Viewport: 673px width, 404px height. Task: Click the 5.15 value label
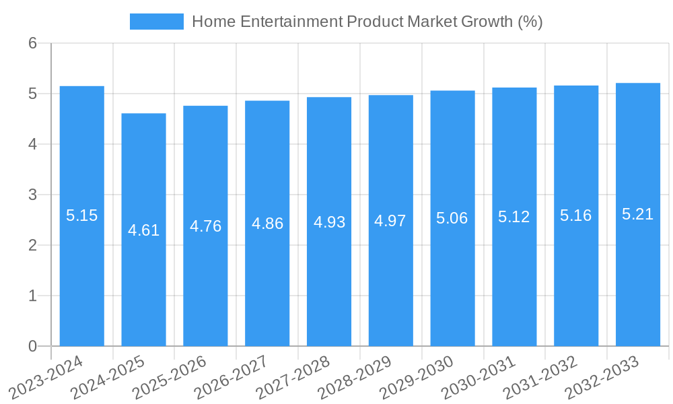[x=82, y=215]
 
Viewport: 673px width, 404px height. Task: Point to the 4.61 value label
[x=143, y=230]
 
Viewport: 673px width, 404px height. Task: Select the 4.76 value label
[x=205, y=226]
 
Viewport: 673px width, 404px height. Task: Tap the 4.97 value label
[x=390, y=220]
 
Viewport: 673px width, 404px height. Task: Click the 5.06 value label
[x=452, y=218]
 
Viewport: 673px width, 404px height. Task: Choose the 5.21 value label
[x=638, y=214]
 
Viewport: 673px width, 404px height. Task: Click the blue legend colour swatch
[x=156, y=22]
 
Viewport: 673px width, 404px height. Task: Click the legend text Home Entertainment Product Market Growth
[x=367, y=22]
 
